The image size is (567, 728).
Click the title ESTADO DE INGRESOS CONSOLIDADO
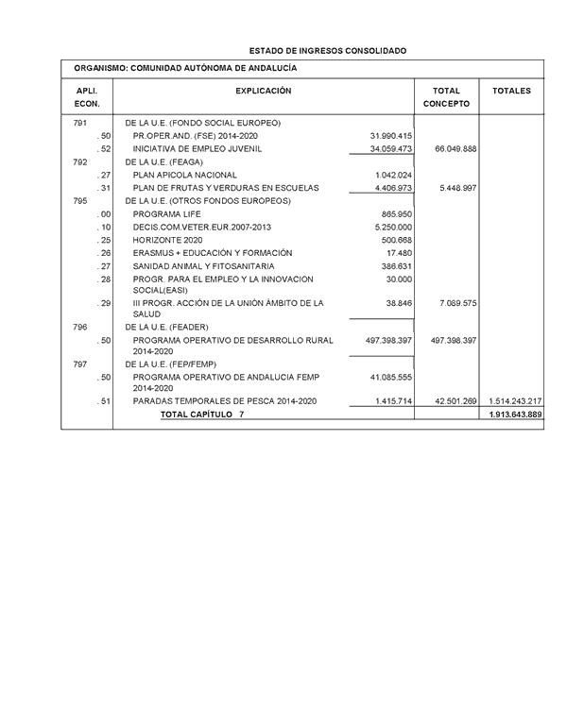point(328,49)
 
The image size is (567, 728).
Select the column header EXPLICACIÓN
point(263,91)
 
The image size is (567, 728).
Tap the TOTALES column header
point(511,91)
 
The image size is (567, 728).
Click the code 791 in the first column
point(80,123)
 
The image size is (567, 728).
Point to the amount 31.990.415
point(391,136)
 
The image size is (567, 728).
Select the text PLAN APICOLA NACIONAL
point(185,175)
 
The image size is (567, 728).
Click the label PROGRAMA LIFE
point(166,214)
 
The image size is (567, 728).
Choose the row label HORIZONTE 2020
point(168,240)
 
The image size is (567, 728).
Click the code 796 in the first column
point(80,327)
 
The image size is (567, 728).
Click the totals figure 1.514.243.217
point(515,401)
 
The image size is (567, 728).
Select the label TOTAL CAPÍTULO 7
point(202,415)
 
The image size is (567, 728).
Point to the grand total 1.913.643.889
point(515,415)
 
